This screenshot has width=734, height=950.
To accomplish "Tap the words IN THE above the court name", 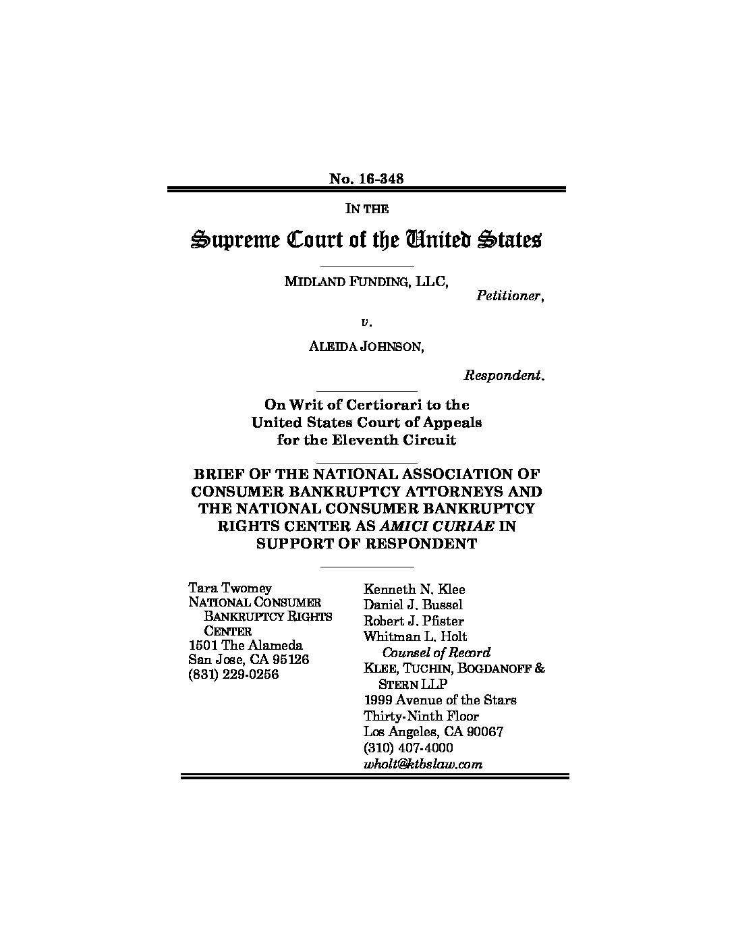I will tap(366, 208).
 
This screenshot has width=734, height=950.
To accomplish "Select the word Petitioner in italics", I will tap(510, 296).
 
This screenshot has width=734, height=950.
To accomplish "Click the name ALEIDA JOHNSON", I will tap(366, 347).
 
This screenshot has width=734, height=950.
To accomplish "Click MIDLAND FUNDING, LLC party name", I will tap(366, 281).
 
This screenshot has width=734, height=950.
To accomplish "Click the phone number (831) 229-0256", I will tap(233, 674).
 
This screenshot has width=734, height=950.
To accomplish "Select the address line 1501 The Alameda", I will tap(246, 646).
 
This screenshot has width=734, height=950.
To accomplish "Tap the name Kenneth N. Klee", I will tap(414, 589).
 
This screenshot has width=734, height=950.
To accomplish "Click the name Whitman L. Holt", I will tap(415, 636).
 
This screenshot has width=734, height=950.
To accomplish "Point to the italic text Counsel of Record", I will tap(436, 652).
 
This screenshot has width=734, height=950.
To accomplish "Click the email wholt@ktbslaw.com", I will tap(423, 764).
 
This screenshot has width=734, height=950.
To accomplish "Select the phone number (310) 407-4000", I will tap(408, 748).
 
